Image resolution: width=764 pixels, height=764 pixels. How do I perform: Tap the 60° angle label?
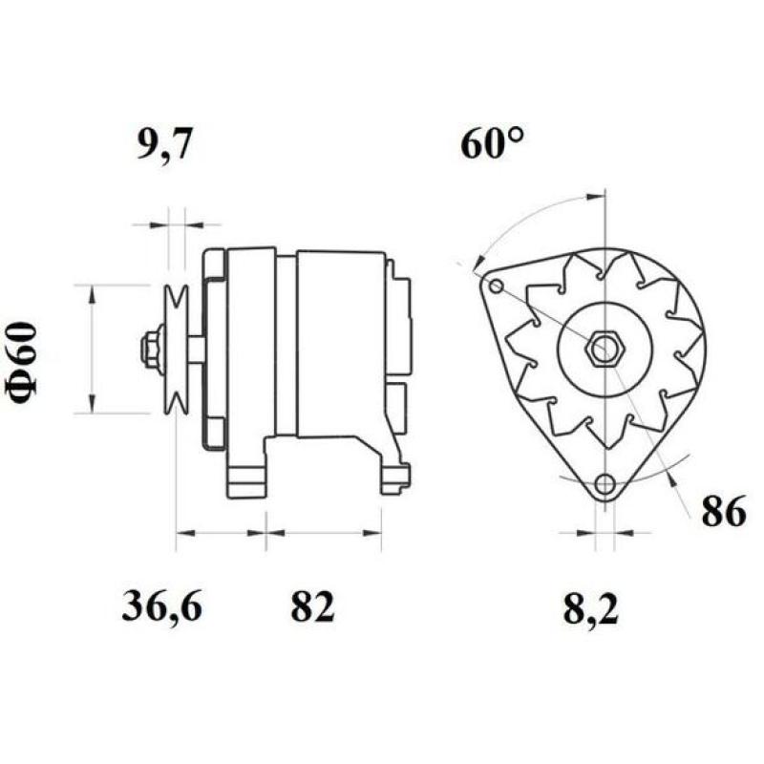pos(493,144)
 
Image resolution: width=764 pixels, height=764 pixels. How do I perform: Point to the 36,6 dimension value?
pos(161,606)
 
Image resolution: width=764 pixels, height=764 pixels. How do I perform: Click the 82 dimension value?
pos(313,606)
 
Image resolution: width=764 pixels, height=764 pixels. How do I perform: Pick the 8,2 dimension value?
pos(590,609)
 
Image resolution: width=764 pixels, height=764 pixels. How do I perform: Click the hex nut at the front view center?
pos(603,349)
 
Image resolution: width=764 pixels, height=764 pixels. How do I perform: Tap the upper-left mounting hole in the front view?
pos(495,286)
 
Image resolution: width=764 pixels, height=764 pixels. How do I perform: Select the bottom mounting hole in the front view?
pos(604,486)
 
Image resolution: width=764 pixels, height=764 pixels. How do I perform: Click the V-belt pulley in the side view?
pos(176,350)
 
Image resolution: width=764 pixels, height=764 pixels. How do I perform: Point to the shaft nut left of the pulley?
pos(151,350)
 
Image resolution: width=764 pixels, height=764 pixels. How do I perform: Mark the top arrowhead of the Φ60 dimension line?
pos(92,292)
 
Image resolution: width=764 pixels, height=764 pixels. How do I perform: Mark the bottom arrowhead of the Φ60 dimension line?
pos(92,406)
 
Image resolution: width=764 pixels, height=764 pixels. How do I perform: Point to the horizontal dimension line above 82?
pos(324,530)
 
